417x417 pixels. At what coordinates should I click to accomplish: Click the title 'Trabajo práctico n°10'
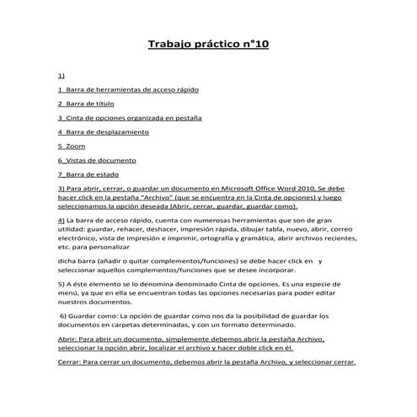tap(208, 43)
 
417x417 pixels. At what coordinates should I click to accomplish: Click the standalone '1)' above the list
tap(61, 73)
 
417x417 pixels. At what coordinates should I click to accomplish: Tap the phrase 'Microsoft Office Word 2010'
tap(270, 188)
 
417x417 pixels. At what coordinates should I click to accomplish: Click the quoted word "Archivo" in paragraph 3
tap(152, 197)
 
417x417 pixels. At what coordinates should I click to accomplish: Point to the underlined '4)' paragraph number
tap(61, 219)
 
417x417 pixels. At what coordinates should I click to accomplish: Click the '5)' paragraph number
tap(61, 284)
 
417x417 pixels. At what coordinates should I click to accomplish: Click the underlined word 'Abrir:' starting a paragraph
tap(67, 338)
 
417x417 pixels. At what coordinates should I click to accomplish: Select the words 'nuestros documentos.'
tap(94, 302)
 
